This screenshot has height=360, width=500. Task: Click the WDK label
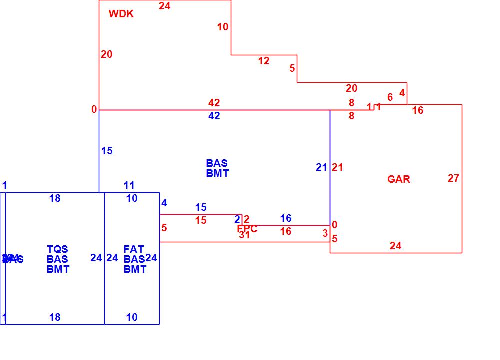coord(121,14)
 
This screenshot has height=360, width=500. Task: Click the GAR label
coord(399,179)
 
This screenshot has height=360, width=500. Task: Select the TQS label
coord(57,249)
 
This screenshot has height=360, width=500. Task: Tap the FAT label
coord(134,249)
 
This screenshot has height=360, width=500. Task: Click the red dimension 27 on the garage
coord(453,178)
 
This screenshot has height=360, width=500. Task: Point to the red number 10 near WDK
coord(223,27)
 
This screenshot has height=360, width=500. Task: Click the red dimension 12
coord(264,61)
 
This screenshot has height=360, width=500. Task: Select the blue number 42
coord(214,116)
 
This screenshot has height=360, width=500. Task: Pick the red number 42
coord(214,103)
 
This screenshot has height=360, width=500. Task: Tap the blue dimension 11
coord(129,186)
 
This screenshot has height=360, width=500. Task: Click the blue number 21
coord(321,167)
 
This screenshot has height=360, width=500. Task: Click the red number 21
coord(338,167)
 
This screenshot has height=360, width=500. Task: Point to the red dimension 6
coord(390,97)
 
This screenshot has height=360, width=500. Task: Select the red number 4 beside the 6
coord(402,93)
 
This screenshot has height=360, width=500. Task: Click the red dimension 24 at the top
coord(164,6)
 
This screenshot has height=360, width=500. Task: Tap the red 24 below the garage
coord(395,246)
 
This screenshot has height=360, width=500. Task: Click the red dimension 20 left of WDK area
coord(106,54)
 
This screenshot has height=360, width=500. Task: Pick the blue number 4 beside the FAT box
coord(164,203)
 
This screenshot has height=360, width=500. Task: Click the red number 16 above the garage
coord(418,110)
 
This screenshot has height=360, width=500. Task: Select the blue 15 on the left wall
coord(107,151)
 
